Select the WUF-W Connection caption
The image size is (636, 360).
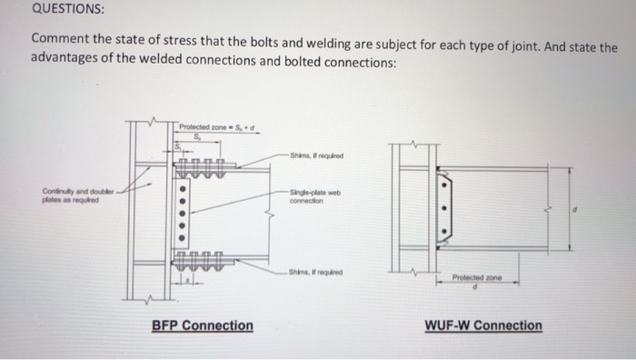point(482,325)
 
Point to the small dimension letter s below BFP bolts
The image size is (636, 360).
point(186,282)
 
